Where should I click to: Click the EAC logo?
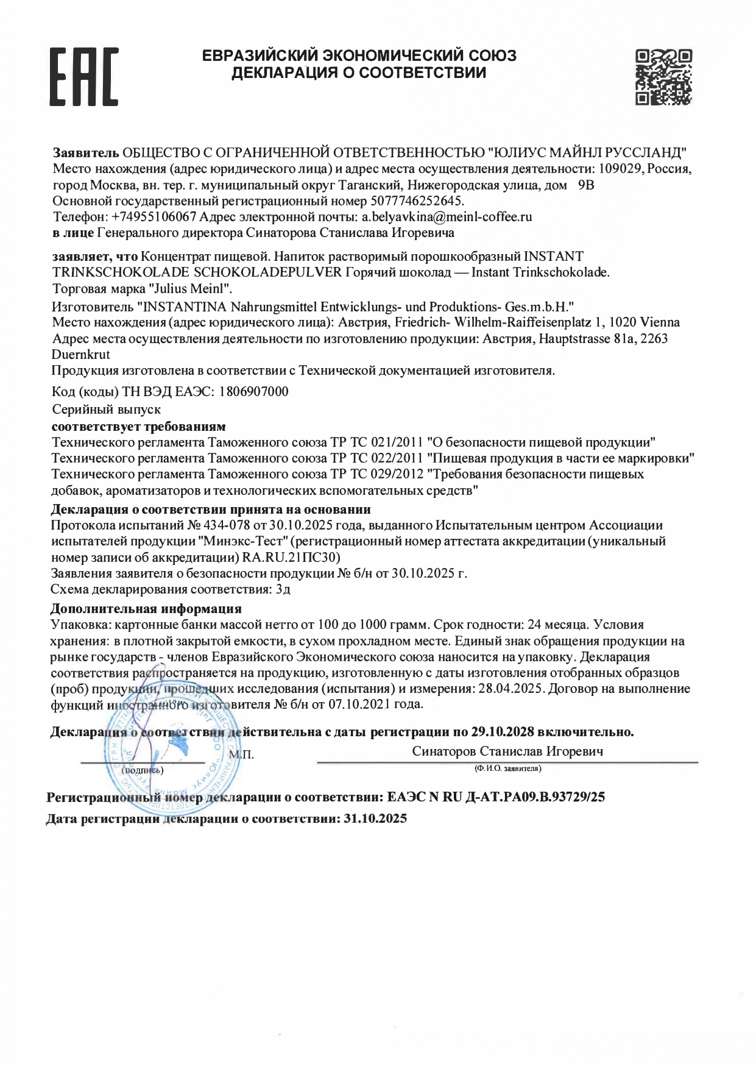coord(83,77)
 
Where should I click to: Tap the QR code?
coord(663,77)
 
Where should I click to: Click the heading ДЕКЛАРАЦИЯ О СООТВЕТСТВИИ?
coord(359,73)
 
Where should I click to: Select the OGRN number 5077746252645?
coord(416,201)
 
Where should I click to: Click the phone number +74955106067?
coord(154,216)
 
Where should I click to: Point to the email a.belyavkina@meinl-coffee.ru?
coord(447,216)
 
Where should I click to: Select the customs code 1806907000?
coord(253,392)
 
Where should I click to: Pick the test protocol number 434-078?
coord(226,525)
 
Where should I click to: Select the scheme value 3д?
coord(283,589)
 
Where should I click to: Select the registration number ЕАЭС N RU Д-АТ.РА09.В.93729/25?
coord(496,797)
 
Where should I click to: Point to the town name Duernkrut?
coord(81,354)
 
